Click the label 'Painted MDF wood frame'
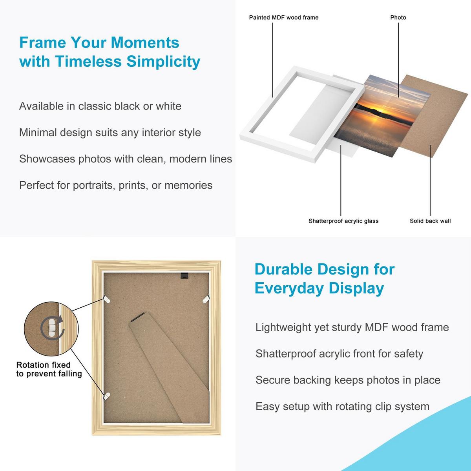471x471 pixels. (x=283, y=17)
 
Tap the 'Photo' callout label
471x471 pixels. (x=398, y=17)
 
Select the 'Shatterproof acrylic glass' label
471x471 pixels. (x=343, y=221)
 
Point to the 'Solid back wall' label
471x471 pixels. (x=430, y=221)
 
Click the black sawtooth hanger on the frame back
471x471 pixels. (x=185, y=276)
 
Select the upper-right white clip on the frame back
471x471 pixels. (x=206, y=299)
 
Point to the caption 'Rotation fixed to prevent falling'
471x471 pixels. (x=49, y=369)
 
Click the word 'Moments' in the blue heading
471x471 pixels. (x=145, y=42)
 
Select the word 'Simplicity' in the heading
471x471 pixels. (x=163, y=62)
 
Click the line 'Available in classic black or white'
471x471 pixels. (x=100, y=106)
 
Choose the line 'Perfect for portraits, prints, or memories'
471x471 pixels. (x=116, y=185)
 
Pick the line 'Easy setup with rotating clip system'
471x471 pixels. (x=342, y=407)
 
